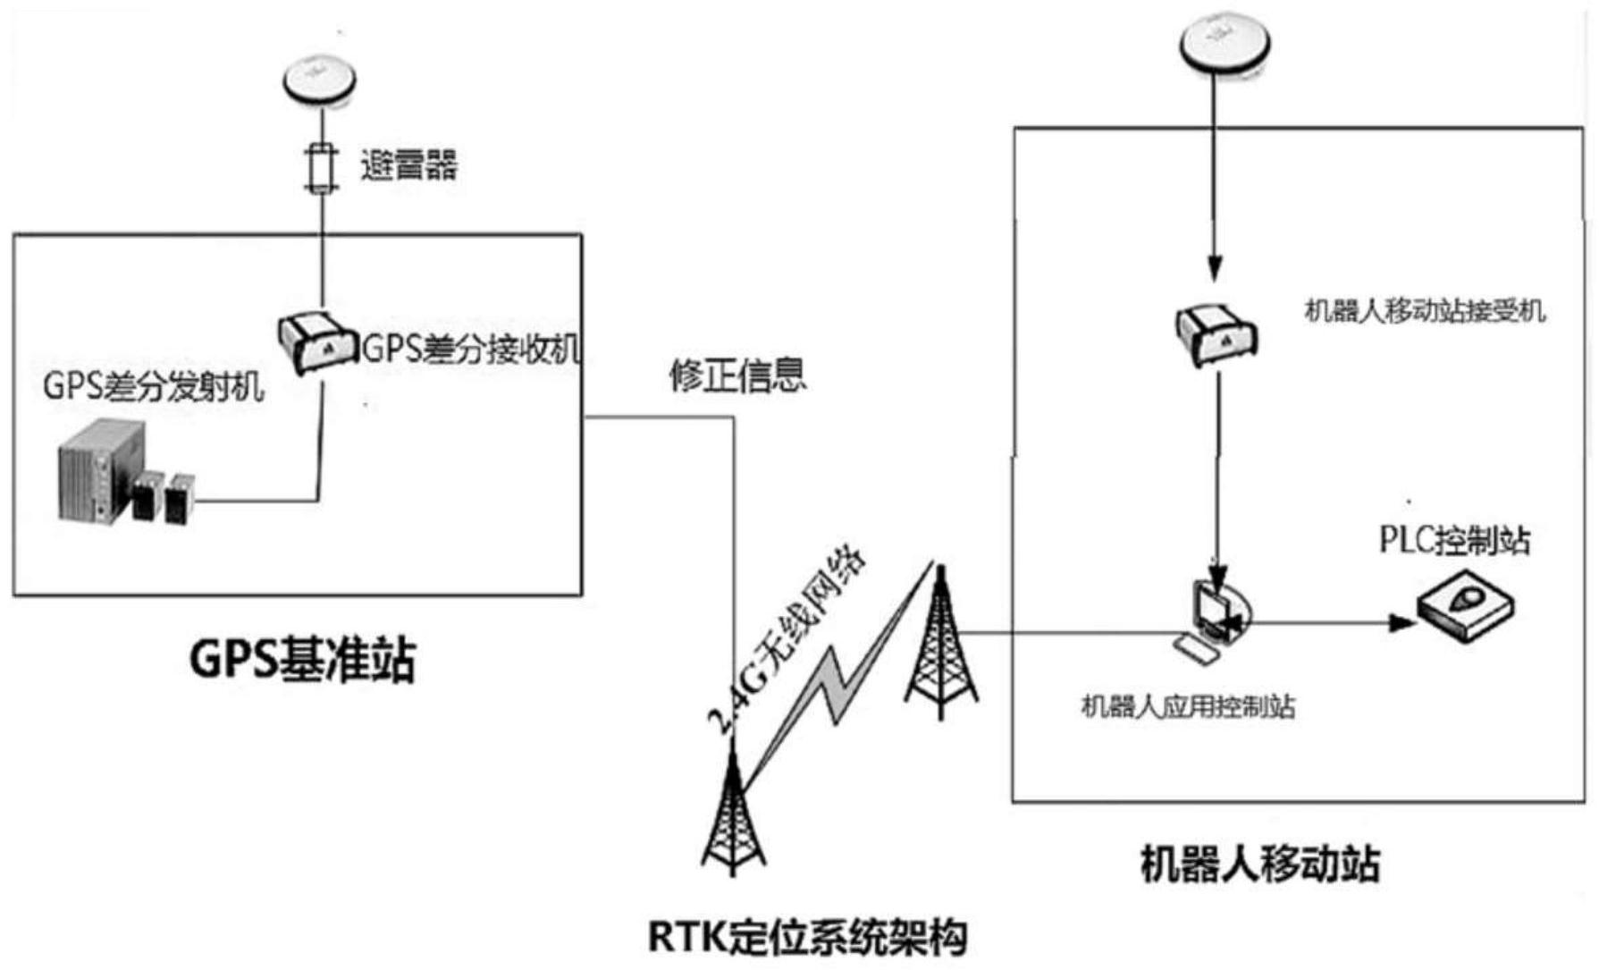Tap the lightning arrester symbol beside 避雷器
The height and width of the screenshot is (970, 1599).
click(x=321, y=168)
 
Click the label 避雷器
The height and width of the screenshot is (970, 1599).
click(x=408, y=166)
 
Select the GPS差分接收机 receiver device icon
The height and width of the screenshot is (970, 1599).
click(x=316, y=342)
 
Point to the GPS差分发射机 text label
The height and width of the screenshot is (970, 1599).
click(x=154, y=387)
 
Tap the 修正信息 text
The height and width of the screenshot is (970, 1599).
click(x=737, y=375)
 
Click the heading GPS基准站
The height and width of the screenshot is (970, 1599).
click(x=303, y=660)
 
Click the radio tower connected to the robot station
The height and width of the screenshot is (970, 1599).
click(x=940, y=644)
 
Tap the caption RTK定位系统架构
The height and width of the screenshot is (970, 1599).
click(x=806, y=937)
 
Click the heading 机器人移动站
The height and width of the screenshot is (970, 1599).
click(x=1260, y=864)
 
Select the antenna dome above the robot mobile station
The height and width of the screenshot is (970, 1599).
click(x=1224, y=41)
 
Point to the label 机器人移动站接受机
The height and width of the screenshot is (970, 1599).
click(x=1425, y=311)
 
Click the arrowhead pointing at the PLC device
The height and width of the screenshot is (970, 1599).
click(x=1401, y=622)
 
